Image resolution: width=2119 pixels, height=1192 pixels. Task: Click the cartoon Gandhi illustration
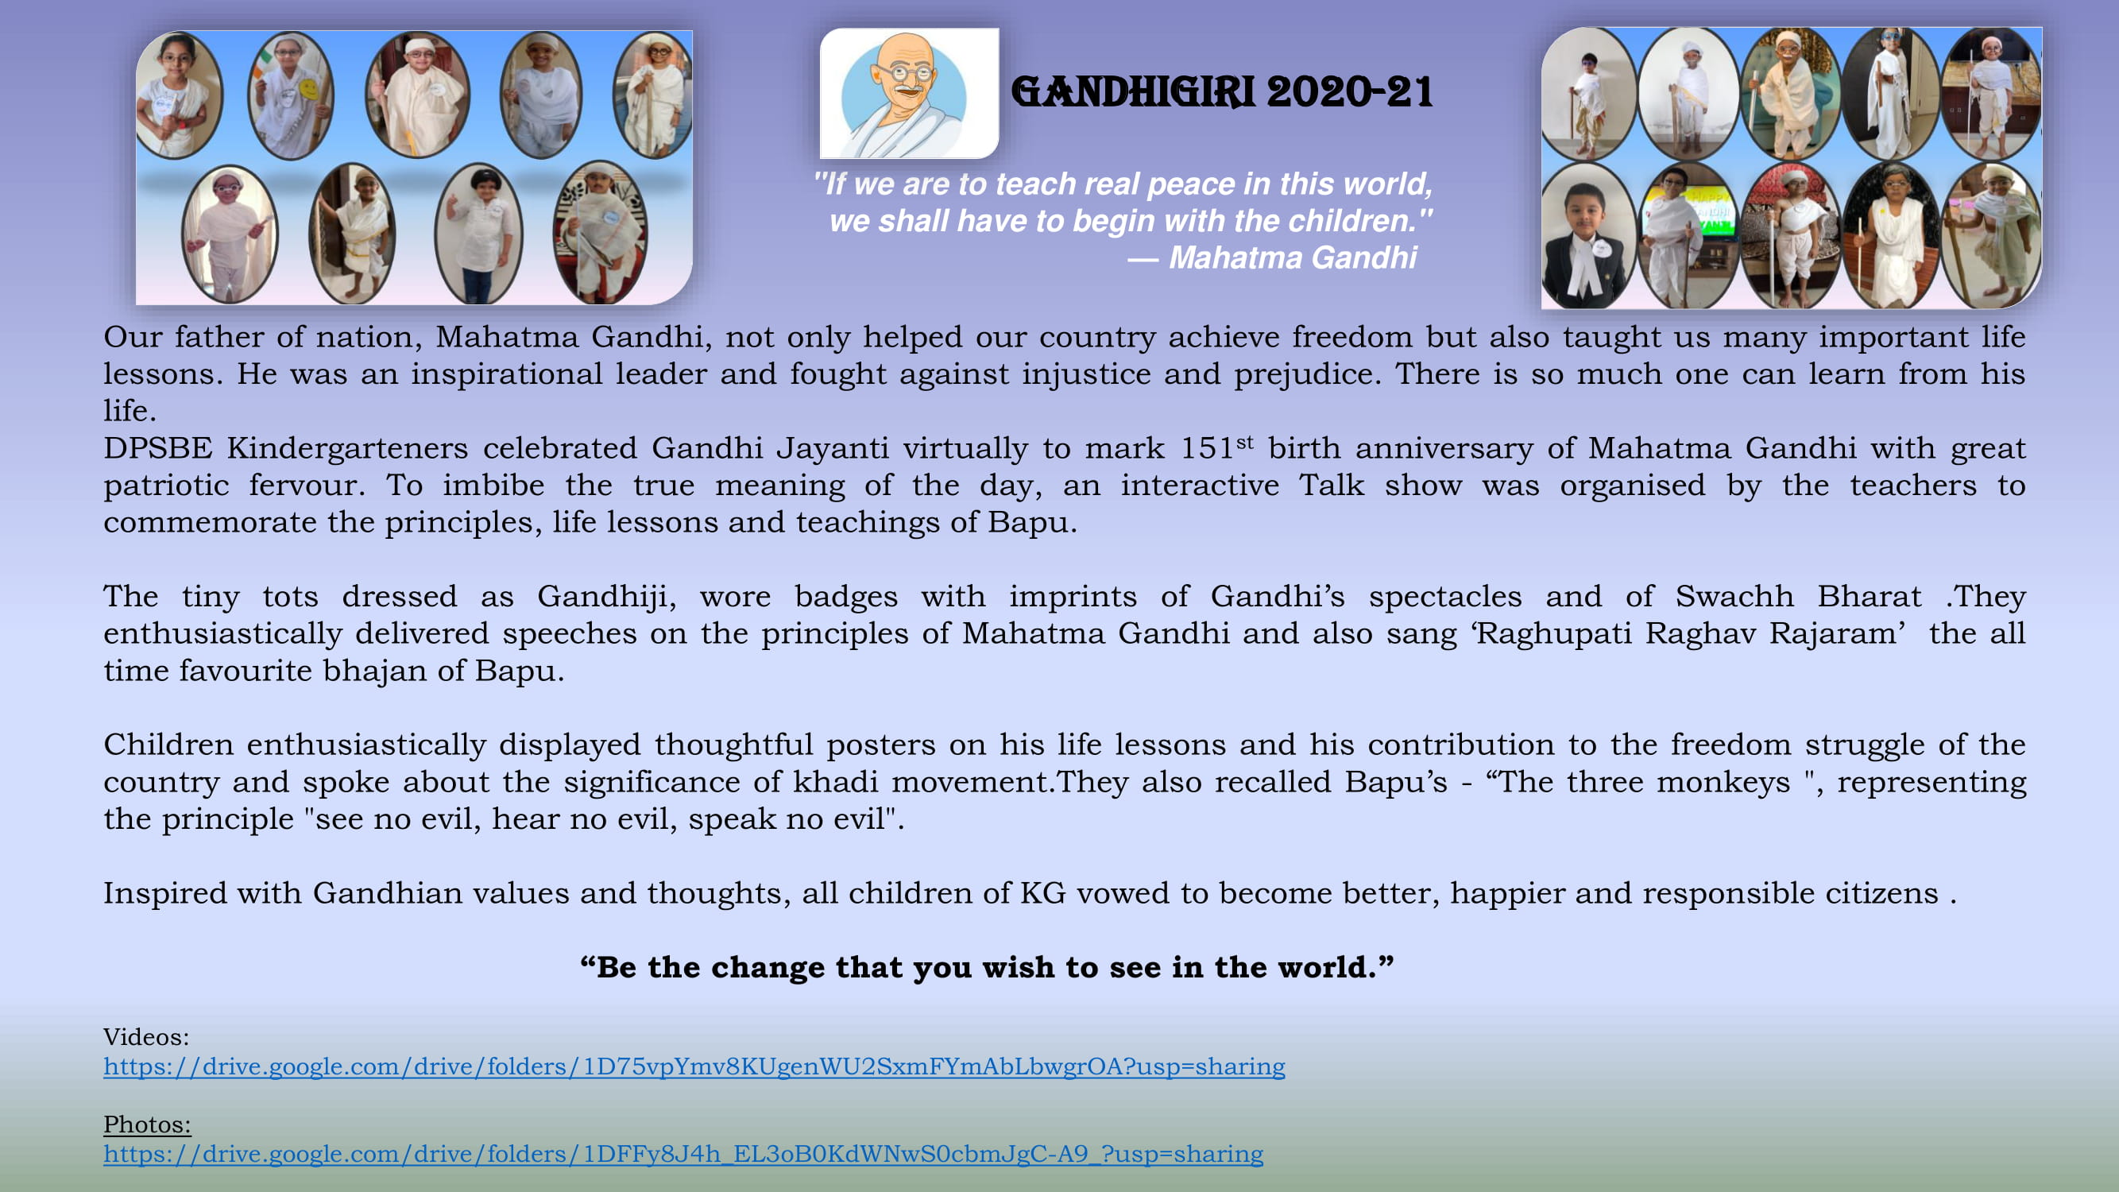tap(909, 93)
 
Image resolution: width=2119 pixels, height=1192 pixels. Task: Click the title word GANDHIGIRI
tap(1133, 91)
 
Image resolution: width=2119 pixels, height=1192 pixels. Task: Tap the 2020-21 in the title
tap(1350, 91)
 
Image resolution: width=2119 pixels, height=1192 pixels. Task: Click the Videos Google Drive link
tap(694, 1066)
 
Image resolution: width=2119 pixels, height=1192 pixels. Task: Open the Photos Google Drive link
tap(683, 1154)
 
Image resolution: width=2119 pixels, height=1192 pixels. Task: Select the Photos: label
tap(147, 1124)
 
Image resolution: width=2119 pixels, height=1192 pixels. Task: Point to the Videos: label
tap(146, 1036)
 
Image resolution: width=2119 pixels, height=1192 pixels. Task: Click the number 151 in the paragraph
tap(1207, 448)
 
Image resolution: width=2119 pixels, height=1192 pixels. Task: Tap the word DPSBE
tap(158, 448)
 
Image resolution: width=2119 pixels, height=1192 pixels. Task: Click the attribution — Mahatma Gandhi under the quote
tap(1272, 257)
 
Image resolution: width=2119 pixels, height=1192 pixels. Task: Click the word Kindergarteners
tap(347, 449)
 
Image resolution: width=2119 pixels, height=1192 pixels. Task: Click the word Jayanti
tap(833, 449)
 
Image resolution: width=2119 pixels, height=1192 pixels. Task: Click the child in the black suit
tap(1585, 238)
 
